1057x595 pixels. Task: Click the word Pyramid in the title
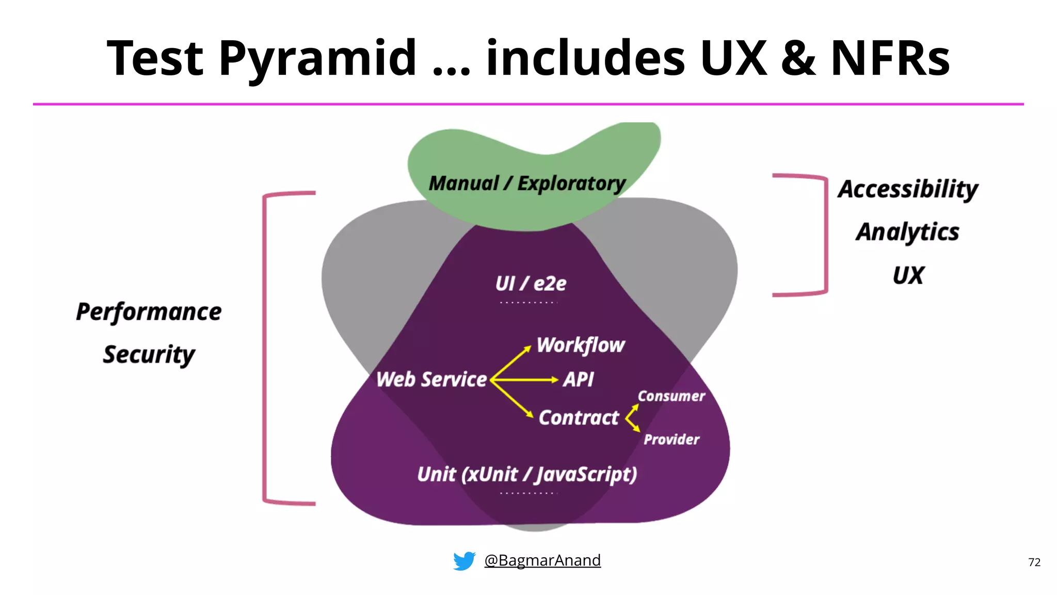point(317,59)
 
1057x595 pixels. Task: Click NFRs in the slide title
point(890,59)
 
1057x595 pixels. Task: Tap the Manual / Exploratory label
point(527,183)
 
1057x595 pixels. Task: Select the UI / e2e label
point(531,284)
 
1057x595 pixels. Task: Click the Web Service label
point(431,380)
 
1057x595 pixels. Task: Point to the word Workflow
point(581,345)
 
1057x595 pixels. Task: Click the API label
point(578,380)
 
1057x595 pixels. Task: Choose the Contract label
point(579,418)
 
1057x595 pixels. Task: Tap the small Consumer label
point(671,396)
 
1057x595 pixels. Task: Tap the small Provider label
point(671,440)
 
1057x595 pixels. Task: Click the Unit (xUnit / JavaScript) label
point(527,474)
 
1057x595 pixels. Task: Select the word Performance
point(149,312)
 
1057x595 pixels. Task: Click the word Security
point(149,355)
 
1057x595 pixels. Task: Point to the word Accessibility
point(908,189)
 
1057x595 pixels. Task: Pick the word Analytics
point(908,232)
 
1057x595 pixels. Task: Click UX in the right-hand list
point(908,275)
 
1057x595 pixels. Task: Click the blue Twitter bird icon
point(464,561)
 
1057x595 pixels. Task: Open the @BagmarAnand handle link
point(542,560)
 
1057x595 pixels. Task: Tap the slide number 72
point(1034,562)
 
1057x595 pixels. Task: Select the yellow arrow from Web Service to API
point(524,380)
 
